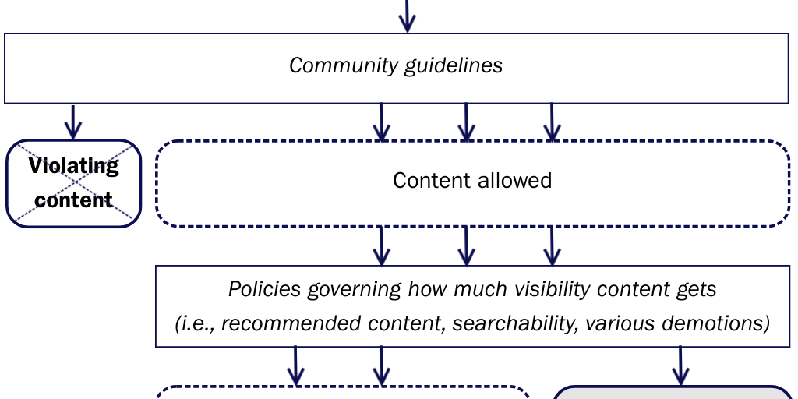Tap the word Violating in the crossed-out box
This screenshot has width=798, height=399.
(74, 166)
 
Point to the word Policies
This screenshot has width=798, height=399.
(264, 290)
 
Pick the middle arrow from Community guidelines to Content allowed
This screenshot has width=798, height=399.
(466, 122)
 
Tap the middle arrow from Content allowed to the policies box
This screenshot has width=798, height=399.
(466, 246)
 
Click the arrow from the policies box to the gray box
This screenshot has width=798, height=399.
(681, 365)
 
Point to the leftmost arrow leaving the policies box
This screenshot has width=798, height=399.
(296, 365)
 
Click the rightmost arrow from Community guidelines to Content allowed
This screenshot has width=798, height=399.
(552, 122)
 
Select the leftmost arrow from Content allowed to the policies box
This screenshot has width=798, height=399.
(381, 246)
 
